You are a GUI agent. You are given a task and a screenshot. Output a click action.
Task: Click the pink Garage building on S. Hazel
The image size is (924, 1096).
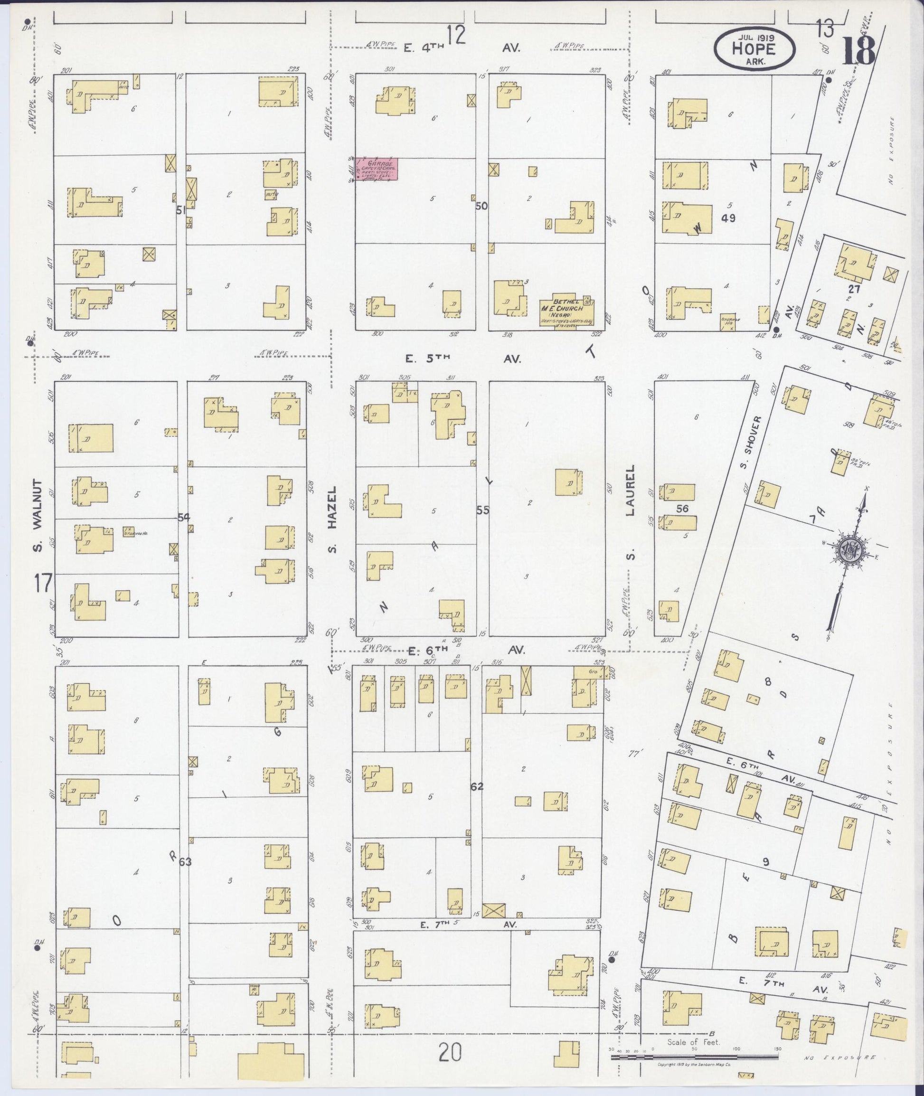(x=377, y=169)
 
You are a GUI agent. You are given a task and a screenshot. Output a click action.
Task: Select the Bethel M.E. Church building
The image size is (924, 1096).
(x=566, y=313)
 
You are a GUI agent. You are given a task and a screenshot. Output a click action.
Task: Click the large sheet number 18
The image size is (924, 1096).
(x=858, y=51)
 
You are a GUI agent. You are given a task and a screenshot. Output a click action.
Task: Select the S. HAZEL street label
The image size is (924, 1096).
(x=331, y=519)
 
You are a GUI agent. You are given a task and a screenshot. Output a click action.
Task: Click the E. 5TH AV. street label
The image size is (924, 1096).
(x=463, y=359)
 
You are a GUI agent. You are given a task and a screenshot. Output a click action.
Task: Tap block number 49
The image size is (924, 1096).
(x=728, y=218)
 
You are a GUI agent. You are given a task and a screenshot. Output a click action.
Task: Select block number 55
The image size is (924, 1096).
(x=482, y=510)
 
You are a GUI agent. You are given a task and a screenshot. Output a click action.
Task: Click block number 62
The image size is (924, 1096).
(x=477, y=786)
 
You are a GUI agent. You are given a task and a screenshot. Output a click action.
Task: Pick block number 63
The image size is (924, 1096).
(x=186, y=862)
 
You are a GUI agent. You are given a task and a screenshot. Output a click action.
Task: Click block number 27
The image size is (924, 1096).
(x=854, y=289)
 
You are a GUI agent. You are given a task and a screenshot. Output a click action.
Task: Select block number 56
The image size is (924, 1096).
(x=681, y=508)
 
